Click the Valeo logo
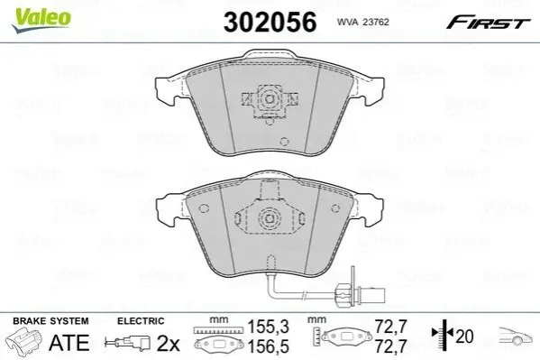(x=41, y=20)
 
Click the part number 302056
(x=270, y=22)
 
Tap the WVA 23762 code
(x=362, y=22)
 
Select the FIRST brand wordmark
(x=488, y=23)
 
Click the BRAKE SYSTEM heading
(x=50, y=321)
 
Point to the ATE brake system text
(x=69, y=343)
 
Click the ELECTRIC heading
(x=141, y=321)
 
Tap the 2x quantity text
(x=168, y=343)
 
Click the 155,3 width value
(x=269, y=327)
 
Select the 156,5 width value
(x=269, y=346)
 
